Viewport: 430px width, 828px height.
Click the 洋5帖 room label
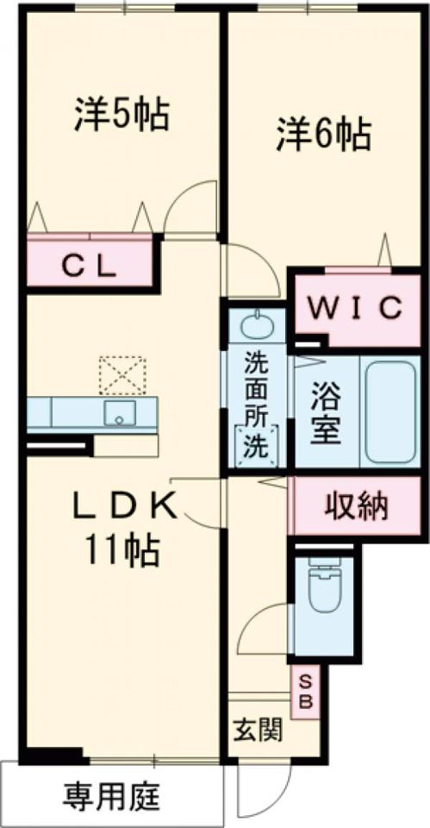coord(122,115)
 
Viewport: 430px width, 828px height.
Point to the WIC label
coord(356,308)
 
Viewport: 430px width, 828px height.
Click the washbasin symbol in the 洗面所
coord(257,323)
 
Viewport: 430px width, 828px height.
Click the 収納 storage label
coord(356,507)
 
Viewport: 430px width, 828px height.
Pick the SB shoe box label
coord(307,692)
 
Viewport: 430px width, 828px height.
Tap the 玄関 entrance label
coord(258,731)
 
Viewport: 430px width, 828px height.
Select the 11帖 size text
coord(122,550)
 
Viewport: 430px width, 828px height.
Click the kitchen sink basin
coord(119,412)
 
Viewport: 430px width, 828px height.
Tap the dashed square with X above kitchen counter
coord(122,375)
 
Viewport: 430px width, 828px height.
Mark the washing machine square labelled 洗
coord(257,446)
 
